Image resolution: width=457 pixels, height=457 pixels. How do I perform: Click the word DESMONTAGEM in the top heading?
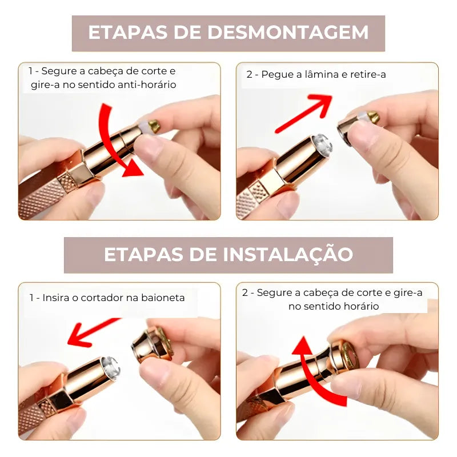288,33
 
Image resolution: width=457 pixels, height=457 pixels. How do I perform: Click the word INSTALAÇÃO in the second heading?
288,254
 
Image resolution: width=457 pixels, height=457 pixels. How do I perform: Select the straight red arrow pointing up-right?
303,114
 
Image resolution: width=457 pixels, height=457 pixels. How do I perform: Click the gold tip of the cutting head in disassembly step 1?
154,126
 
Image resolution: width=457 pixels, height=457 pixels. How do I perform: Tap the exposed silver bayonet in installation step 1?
110,368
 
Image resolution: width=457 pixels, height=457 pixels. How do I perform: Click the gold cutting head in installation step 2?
347,357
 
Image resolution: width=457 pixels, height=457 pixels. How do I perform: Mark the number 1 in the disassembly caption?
31,71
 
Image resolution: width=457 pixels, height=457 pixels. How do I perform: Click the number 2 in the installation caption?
245,292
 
